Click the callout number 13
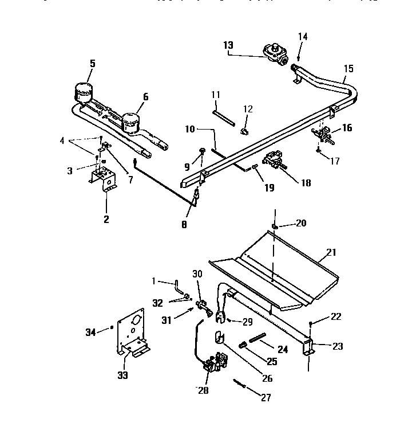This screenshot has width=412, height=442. tap(228, 45)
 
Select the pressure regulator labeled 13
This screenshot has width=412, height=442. tap(274, 52)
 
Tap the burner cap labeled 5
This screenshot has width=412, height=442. tap(84, 92)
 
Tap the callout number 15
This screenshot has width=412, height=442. tap(348, 69)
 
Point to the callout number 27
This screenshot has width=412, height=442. tap(266, 397)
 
